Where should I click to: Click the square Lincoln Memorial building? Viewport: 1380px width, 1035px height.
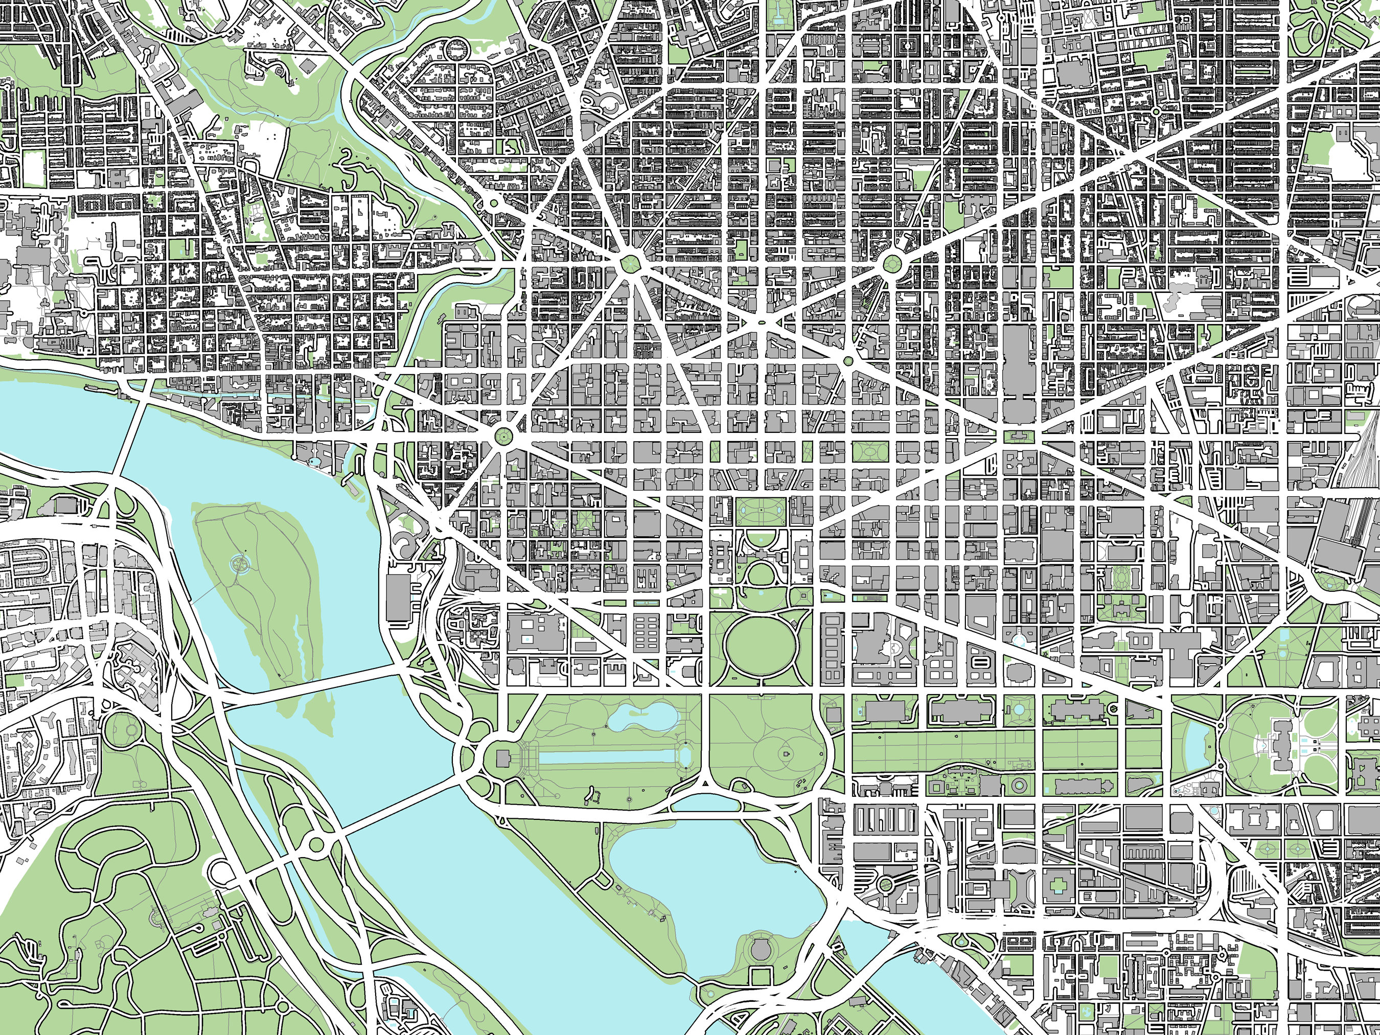pos(503,758)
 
